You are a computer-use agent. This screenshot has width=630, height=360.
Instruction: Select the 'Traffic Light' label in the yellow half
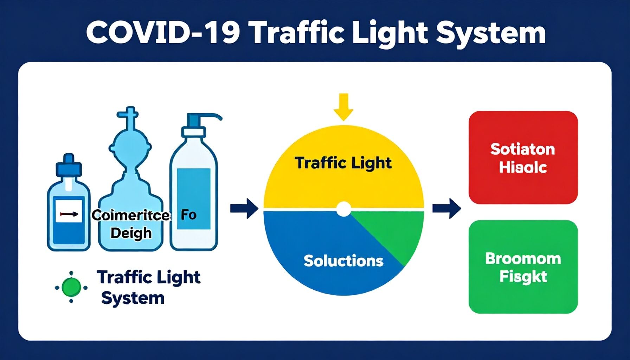343,163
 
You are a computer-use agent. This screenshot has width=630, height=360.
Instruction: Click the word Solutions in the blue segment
343,261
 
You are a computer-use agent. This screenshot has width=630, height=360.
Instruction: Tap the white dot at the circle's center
343,209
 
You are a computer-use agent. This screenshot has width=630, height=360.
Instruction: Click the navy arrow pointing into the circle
244,208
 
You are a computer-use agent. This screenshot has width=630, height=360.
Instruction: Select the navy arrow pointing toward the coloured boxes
446,208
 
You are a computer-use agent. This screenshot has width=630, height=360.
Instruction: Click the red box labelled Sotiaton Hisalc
523,157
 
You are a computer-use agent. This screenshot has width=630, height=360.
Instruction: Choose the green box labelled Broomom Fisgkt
523,267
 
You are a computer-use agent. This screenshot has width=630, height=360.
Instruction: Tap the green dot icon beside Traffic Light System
71,287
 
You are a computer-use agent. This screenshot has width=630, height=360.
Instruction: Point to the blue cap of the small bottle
69,165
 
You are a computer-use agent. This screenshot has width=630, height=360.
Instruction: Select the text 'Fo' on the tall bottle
188,214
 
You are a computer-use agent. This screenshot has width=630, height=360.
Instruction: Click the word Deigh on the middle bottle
131,233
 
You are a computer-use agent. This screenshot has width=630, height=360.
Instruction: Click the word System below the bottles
133,298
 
